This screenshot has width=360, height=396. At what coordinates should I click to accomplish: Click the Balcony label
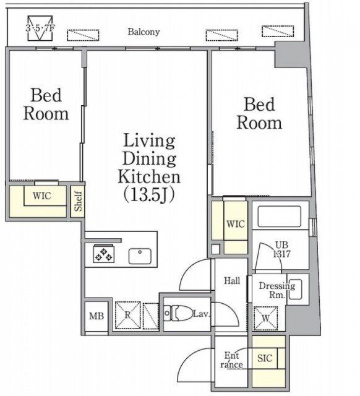(x=144, y=32)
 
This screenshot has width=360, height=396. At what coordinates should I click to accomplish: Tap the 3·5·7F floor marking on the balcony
(x=40, y=28)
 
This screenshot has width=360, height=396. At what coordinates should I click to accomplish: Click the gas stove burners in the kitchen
(x=103, y=254)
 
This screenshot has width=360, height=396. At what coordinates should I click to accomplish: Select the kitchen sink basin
(x=140, y=256)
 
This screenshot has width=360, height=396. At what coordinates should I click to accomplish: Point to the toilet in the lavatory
(x=178, y=314)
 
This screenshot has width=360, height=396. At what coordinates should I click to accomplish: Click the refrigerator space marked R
(x=128, y=316)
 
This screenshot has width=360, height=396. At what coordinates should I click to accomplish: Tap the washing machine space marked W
(x=265, y=318)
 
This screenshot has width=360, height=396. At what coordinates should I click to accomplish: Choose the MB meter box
(x=96, y=316)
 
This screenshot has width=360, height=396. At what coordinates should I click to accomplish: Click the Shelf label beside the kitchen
(x=78, y=201)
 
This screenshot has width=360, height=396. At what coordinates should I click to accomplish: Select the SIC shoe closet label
(x=265, y=358)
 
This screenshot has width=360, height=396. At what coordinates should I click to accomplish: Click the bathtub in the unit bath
(x=279, y=216)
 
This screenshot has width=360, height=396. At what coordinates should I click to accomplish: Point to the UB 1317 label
(x=282, y=249)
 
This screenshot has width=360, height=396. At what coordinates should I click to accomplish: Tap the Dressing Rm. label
(x=277, y=290)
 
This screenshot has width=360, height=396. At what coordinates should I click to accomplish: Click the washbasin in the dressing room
(x=295, y=289)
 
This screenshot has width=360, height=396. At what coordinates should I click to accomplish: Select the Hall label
(x=232, y=280)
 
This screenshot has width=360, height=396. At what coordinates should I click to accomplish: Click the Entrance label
(x=231, y=360)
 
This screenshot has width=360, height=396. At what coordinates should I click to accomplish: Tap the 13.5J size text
(x=148, y=196)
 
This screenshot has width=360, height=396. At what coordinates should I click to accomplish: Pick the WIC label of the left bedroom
(x=42, y=196)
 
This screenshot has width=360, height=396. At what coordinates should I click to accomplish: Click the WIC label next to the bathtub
(x=236, y=224)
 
